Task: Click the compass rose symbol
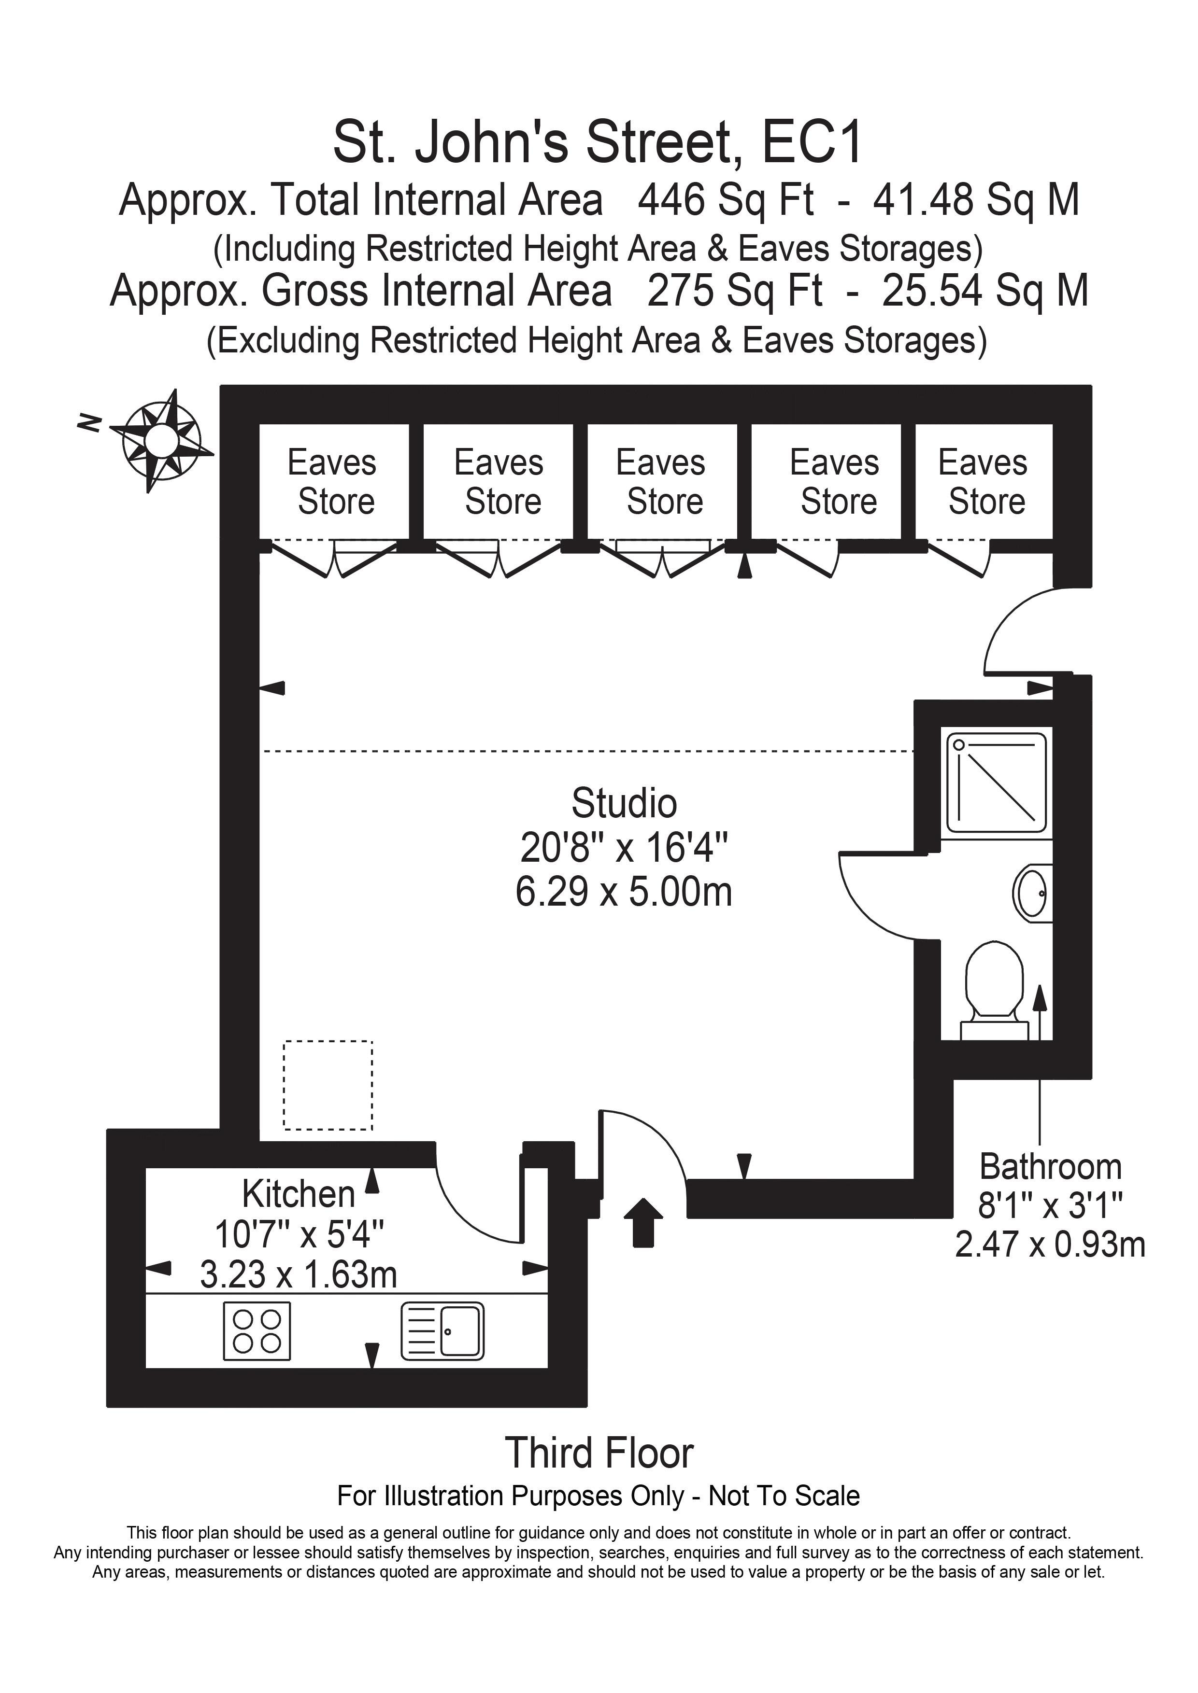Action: (161, 441)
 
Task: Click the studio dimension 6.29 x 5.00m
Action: (624, 892)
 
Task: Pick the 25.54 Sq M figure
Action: (985, 291)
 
